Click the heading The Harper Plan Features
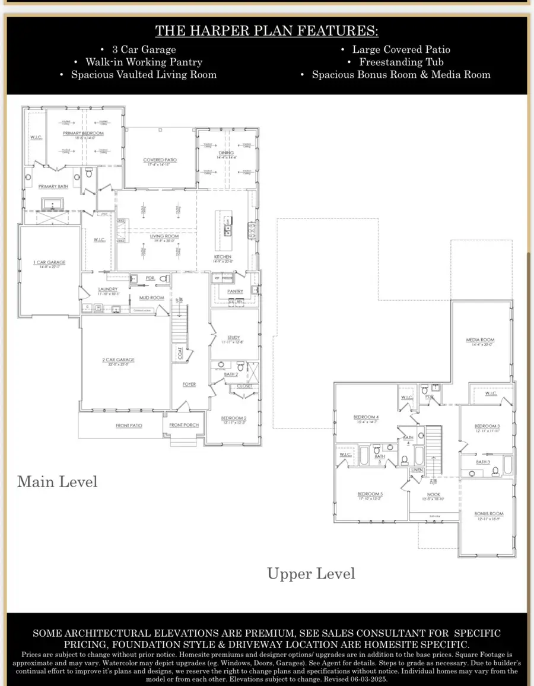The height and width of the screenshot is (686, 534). point(266,31)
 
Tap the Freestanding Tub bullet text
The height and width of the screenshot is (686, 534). point(401,62)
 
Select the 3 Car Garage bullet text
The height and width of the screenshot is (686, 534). point(144,50)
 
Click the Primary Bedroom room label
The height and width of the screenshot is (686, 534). point(83,134)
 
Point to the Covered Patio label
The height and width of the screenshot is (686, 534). point(160,160)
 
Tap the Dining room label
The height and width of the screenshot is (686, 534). point(226,153)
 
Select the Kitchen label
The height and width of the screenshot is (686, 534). point(223,258)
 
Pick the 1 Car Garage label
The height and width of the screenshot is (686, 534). point(49,262)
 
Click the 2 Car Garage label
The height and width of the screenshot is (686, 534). point(118,360)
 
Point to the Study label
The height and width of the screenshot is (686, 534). point(233,337)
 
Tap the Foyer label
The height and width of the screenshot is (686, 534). point(189,385)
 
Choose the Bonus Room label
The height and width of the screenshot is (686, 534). point(488,514)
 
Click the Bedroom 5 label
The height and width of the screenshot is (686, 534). point(370,495)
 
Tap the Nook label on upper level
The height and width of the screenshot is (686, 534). point(433,494)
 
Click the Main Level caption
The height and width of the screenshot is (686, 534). point(57,481)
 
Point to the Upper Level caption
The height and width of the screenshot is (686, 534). point(311,574)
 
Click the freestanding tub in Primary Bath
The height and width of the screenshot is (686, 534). point(51,205)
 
